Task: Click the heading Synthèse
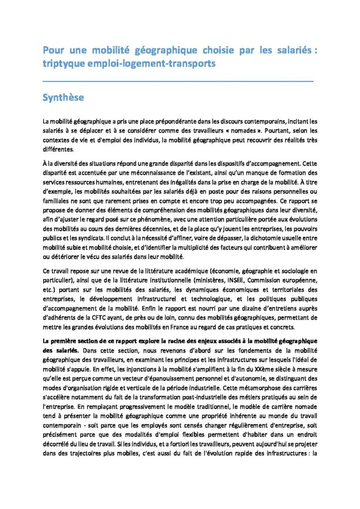pos(63,97)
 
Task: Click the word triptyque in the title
pos(64,63)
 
